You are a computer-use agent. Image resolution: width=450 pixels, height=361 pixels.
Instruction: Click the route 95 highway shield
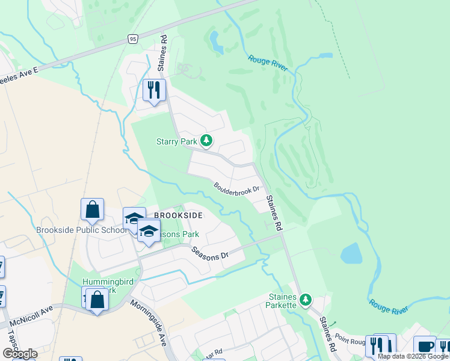tap(133, 39)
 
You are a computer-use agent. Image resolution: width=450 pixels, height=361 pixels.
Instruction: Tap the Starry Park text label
tap(176, 142)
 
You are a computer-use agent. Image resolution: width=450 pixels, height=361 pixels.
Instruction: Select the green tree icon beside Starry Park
tap(206, 141)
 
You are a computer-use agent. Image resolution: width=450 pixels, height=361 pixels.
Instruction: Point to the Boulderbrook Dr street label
tap(237, 188)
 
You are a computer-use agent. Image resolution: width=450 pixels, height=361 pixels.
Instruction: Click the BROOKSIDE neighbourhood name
tap(177, 215)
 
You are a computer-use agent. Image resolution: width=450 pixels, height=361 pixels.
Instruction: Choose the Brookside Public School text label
tap(82, 230)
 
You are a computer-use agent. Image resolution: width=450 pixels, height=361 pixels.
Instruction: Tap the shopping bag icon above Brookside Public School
tap(92, 210)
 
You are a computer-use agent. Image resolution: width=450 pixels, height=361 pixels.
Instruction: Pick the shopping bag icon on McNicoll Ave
tap(96, 299)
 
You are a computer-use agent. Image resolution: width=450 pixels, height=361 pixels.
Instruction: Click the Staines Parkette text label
tap(282, 301)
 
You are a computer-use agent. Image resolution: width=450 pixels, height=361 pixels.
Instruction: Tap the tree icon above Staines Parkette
tap(306, 299)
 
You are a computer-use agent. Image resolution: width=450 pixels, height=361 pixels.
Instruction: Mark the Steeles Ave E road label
tap(18, 72)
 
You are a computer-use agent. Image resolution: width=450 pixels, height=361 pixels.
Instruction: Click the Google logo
tap(20, 354)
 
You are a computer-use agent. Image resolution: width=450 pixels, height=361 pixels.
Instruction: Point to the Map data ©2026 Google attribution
tap(413, 356)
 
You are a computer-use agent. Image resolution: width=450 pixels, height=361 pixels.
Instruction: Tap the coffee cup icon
tap(424, 347)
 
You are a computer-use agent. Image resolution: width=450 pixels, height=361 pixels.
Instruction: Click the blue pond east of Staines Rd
tap(351, 254)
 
